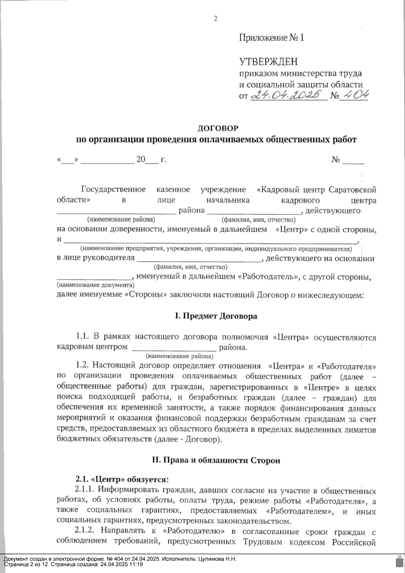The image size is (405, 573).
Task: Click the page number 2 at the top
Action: (216, 19)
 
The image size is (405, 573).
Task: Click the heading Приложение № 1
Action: (272, 37)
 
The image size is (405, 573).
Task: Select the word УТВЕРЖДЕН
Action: (269, 61)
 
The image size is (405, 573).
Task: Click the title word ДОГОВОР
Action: (218, 128)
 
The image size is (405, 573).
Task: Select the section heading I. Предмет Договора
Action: (216, 316)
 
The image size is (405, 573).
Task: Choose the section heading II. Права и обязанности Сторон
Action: (216, 461)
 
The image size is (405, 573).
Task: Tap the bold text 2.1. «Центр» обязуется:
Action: (122, 479)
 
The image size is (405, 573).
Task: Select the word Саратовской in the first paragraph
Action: (352, 190)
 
